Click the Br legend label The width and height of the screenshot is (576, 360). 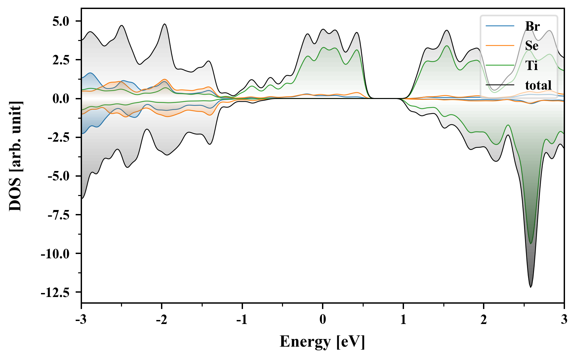tap(532, 26)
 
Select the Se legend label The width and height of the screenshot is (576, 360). tap(532, 46)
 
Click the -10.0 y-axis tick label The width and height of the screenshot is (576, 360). tap(55, 254)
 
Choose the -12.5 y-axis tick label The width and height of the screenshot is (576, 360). tap(55, 292)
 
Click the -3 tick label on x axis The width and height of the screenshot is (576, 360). tap(81, 320)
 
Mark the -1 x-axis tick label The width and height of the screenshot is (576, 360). tap(242, 320)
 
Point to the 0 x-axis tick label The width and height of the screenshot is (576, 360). tap(323, 320)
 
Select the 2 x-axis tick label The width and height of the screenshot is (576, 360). tap(484, 320)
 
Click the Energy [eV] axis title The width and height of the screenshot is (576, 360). tap(322, 342)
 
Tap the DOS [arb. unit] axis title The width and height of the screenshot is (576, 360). tap(15, 156)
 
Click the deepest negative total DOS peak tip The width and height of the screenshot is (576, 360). tap(531, 287)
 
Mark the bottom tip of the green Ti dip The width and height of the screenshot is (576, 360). tap(531, 244)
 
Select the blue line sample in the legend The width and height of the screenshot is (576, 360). tap(500, 26)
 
